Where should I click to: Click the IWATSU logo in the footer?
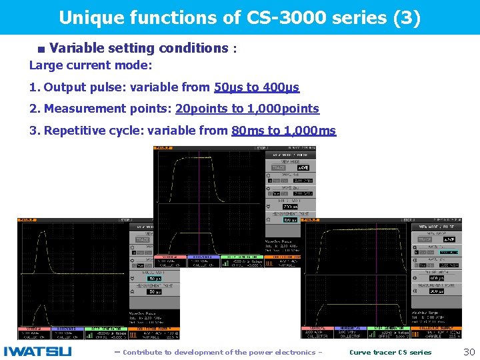coord(37,351)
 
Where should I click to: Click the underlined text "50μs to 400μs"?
coord(257,87)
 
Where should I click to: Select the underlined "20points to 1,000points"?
coord(247,109)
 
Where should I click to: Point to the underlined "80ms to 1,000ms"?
coord(283,131)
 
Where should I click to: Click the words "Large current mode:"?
coord(91,65)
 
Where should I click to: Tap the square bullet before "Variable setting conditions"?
coord(41,49)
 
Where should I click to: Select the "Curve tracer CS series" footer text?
coord(390,352)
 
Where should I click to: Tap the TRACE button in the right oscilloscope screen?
coord(425,239)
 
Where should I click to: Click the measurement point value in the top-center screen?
coord(291,219)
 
